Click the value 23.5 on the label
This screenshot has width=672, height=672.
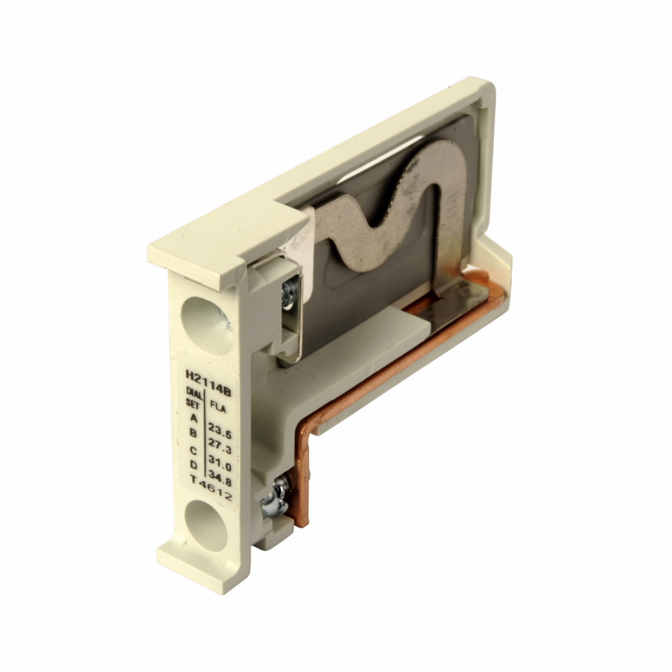(x=220, y=430)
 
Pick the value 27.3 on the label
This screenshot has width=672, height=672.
(x=220, y=446)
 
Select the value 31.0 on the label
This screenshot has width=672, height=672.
(x=220, y=463)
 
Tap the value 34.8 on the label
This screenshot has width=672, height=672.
(x=220, y=478)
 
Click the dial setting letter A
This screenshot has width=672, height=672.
(x=194, y=418)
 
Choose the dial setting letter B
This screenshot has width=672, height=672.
(x=194, y=433)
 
